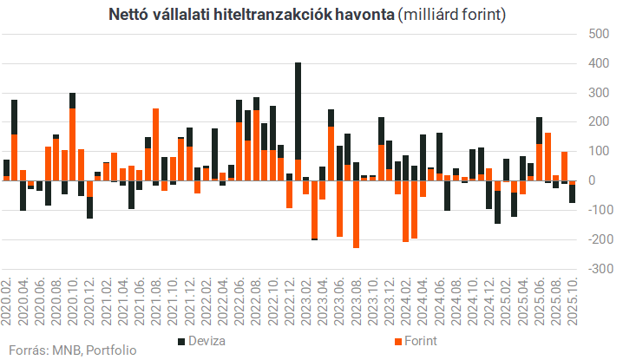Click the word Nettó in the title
point(128,15)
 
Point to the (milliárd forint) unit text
point(450,15)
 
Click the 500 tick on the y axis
point(598,34)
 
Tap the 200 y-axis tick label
point(598,121)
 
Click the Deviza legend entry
point(207,340)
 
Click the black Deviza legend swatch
point(181,340)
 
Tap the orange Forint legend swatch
point(397,340)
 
